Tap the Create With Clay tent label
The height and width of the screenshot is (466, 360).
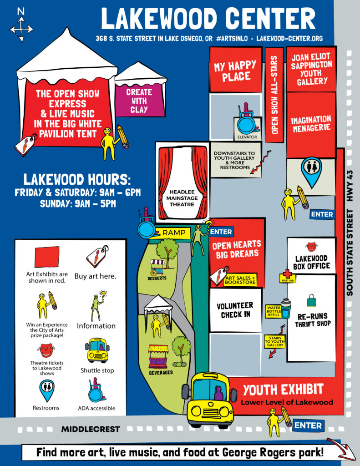(139, 101)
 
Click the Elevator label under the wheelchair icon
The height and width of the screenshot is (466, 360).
(248, 137)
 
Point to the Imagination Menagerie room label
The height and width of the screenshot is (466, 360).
(311, 124)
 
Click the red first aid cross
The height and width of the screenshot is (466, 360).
(287, 274)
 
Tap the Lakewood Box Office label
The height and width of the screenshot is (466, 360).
(312, 262)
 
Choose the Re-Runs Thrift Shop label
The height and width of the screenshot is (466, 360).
(312, 319)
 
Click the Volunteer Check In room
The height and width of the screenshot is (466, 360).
(235, 310)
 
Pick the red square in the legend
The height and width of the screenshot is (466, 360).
(47, 257)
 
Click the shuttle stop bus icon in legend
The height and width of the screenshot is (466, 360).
(97, 349)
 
